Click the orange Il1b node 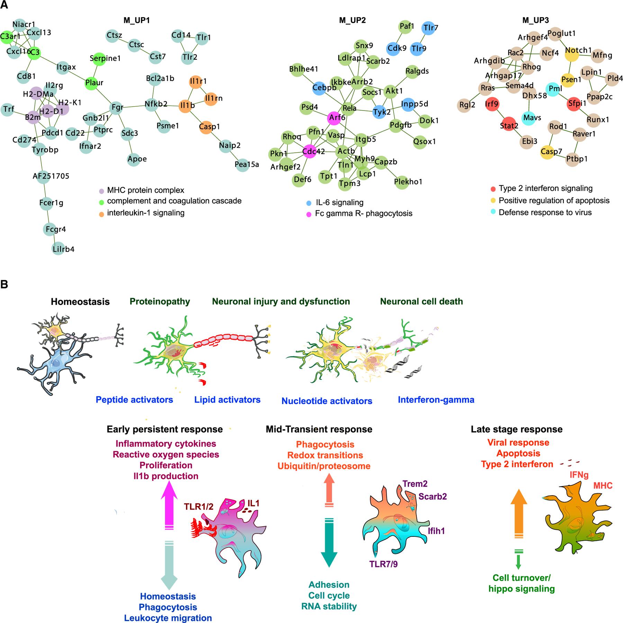point(186,106)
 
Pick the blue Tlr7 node point(428,28)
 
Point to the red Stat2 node point(508,126)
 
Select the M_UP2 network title point(352,20)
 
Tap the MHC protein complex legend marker point(101,191)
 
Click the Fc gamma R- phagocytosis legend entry point(363,214)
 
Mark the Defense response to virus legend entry point(545,213)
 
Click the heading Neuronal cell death point(421,301)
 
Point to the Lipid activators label point(227,400)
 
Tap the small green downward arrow point(518,560)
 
